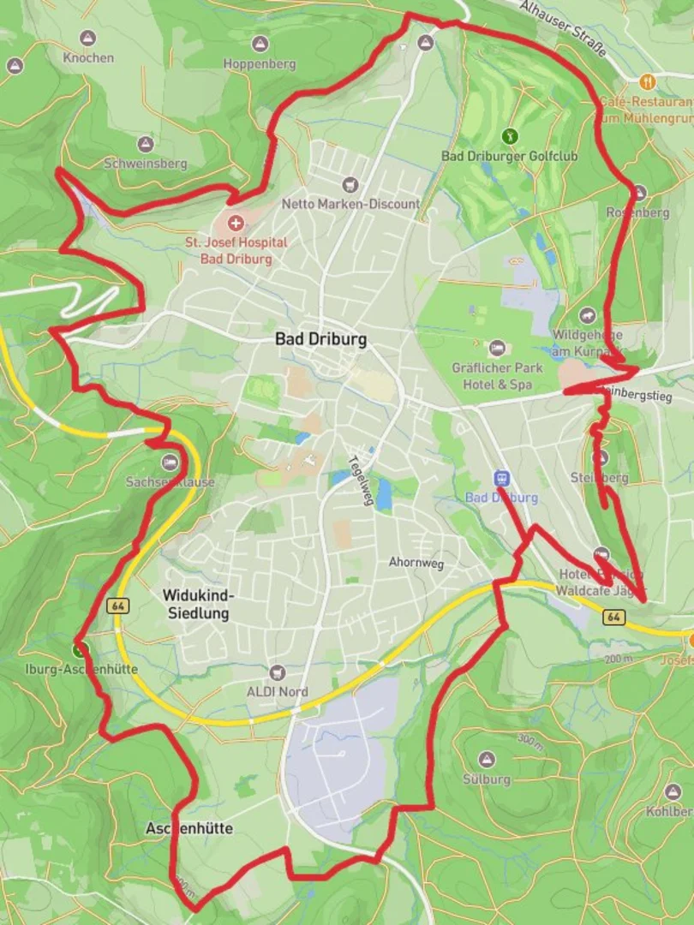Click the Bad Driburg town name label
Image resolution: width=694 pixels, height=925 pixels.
click(320, 339)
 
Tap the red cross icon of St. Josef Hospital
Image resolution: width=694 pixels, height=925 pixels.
click(234, 224)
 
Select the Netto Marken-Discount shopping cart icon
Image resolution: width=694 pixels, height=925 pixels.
click(349, 184)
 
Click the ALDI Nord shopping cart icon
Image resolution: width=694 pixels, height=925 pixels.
click(276, 673)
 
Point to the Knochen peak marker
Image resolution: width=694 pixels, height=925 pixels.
click(87, 39)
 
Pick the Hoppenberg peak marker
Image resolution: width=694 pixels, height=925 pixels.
click(259, 44)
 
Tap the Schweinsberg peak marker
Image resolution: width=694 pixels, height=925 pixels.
click(145, 144)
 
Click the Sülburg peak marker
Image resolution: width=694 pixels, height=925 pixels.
click(487, 760)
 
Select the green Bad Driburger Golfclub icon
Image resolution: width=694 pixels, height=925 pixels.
click(510, 135)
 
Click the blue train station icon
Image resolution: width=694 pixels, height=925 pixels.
click(501, 478)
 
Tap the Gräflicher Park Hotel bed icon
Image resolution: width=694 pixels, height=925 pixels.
click(497, 349)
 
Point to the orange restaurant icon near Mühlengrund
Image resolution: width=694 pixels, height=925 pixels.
click(647, 81)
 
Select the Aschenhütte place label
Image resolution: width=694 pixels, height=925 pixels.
click(189, 828)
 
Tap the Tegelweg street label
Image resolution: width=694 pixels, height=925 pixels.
click(361, 480)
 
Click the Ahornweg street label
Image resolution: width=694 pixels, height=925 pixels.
click(416, 563)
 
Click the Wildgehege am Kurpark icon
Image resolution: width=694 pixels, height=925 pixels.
click(587, 316)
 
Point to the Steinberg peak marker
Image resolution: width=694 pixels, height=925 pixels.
click(601, 458)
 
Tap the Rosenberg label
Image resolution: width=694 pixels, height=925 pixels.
click(637, 212)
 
